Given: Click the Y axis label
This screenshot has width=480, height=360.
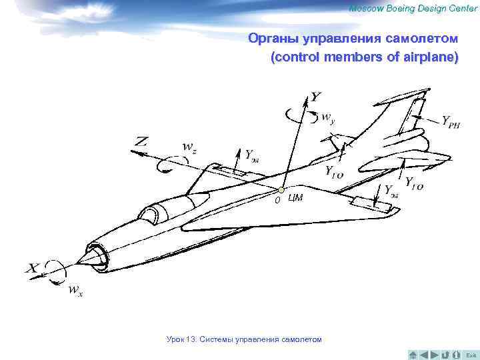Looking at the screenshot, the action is pyautogui.click(x=315, y=97).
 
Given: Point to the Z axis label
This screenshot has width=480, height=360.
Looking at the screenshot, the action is pyautogui.click(x=141, y=141).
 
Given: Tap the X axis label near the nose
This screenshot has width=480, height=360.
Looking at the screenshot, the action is pyautogui.click(x=33, y=269).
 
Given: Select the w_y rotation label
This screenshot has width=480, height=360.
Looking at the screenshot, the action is pyautogui.click(x=328, y=119).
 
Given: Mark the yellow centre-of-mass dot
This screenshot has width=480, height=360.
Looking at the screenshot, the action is pyautogui.click(x=282, y=191).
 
